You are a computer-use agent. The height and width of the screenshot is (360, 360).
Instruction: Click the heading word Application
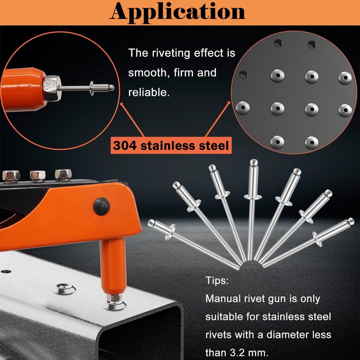(177, 12)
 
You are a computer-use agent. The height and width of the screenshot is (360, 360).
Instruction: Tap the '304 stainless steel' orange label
(171, 145)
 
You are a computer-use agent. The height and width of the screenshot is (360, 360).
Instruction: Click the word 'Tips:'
(217, 280)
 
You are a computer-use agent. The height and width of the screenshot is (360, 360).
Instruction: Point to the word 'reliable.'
(149, 92)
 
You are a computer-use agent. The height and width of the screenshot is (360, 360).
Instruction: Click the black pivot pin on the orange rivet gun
(102, 206)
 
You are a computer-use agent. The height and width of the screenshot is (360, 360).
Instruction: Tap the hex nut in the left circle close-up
(52, 88)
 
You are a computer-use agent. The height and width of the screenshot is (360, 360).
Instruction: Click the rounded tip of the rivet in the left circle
(111, 87)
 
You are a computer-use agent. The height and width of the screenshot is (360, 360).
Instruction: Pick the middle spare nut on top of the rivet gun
(38, 176)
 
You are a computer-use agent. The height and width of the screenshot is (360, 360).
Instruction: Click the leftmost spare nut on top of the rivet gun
(11, 176)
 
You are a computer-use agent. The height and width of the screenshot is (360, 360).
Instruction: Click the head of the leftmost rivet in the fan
(151, 223)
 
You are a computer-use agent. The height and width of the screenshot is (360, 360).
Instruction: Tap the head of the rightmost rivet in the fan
(351, 221)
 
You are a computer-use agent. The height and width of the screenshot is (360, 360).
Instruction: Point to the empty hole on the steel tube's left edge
(6, 272)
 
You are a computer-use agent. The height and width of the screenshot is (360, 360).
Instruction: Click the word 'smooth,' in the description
(148, 73)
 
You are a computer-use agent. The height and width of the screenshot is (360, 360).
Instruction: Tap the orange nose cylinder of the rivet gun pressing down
(112, 266)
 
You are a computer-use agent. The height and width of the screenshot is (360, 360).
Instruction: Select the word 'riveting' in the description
(171, 54)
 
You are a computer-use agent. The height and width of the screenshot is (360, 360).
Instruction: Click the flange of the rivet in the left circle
(92, 88)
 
